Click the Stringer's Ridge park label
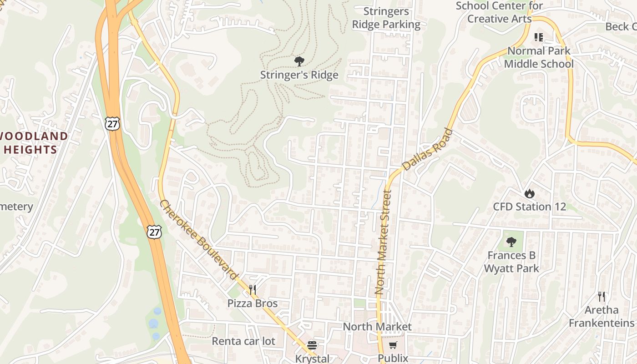coord(299,75)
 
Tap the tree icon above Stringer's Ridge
coord(299,61)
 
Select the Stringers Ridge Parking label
coord(386,18)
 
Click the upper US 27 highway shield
coord(111,123)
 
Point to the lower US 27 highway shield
coord(154,232)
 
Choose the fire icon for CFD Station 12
coord(529,193)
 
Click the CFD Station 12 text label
coord(530,207)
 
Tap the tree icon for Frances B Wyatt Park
coord(511,242)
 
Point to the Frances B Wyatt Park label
coord(511,262)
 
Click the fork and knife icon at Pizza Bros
coord(253,290)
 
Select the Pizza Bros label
coord(253,303)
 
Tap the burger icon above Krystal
coord(312,345)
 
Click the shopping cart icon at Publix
coord(393,345)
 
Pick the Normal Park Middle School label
coord(539,57)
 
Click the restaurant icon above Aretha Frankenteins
coord(602,297)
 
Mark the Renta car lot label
coord(243,341)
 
